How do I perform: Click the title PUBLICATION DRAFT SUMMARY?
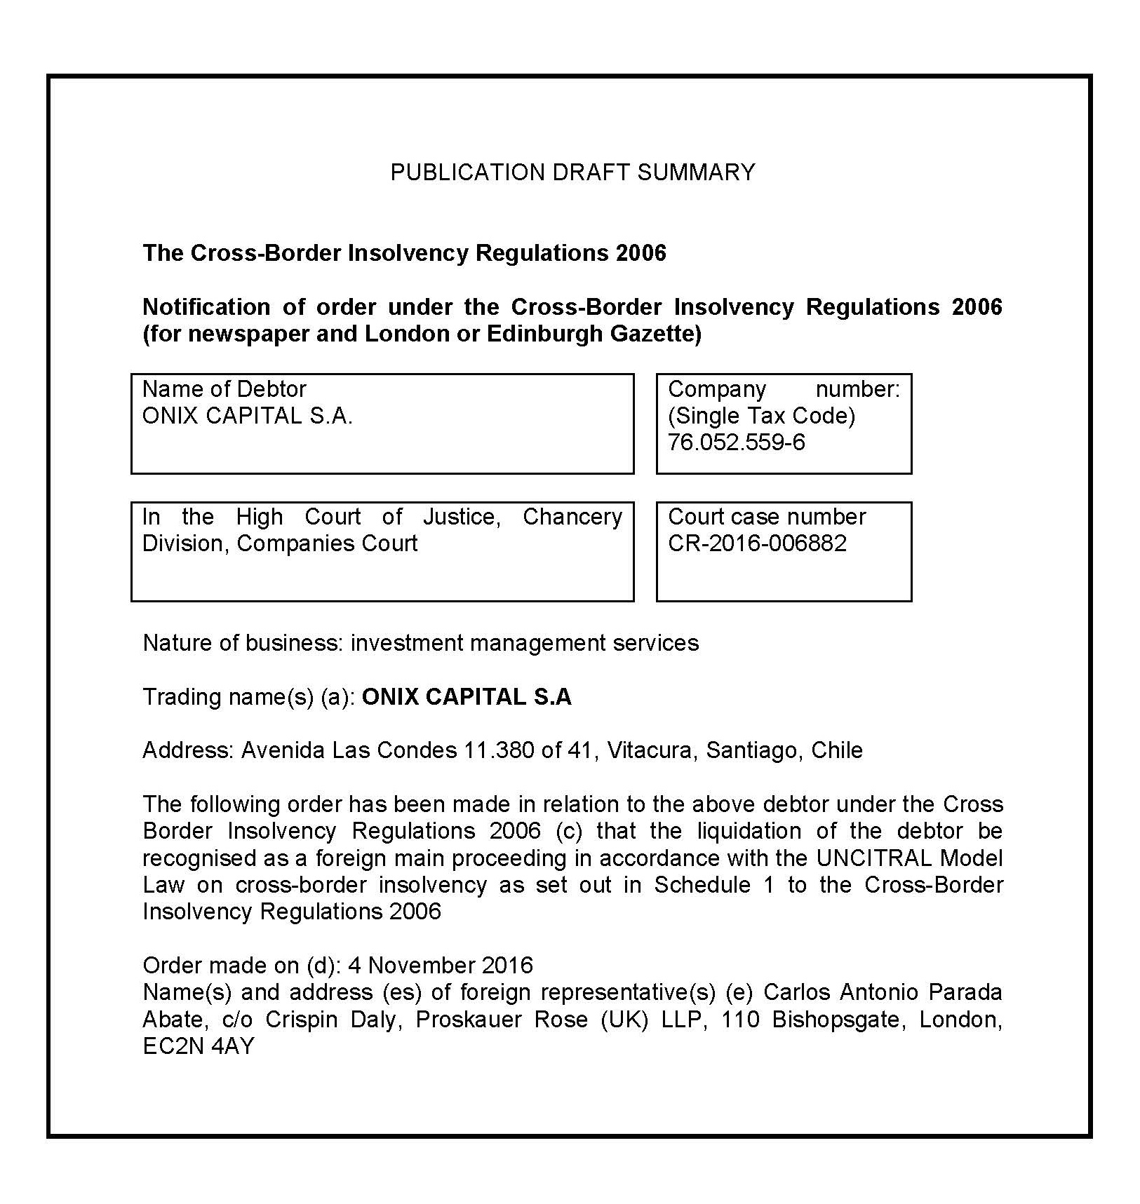[572, 173]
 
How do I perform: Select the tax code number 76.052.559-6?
[737, 442]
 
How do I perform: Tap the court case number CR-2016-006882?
[757, 543]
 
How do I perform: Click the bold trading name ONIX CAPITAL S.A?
[467, 697]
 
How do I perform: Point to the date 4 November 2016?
[441, 966]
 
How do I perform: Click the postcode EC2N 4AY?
[199, 1046]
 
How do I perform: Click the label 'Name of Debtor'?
[224, 389]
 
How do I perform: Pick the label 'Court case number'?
[767, 517]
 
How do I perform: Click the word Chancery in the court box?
[572, 517]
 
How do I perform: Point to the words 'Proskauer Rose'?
[502, 1019]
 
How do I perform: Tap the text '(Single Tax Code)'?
[761, 416]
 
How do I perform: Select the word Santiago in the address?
[752, 750]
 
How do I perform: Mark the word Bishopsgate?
[831, 1019]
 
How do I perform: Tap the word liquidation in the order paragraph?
[749, 831]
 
